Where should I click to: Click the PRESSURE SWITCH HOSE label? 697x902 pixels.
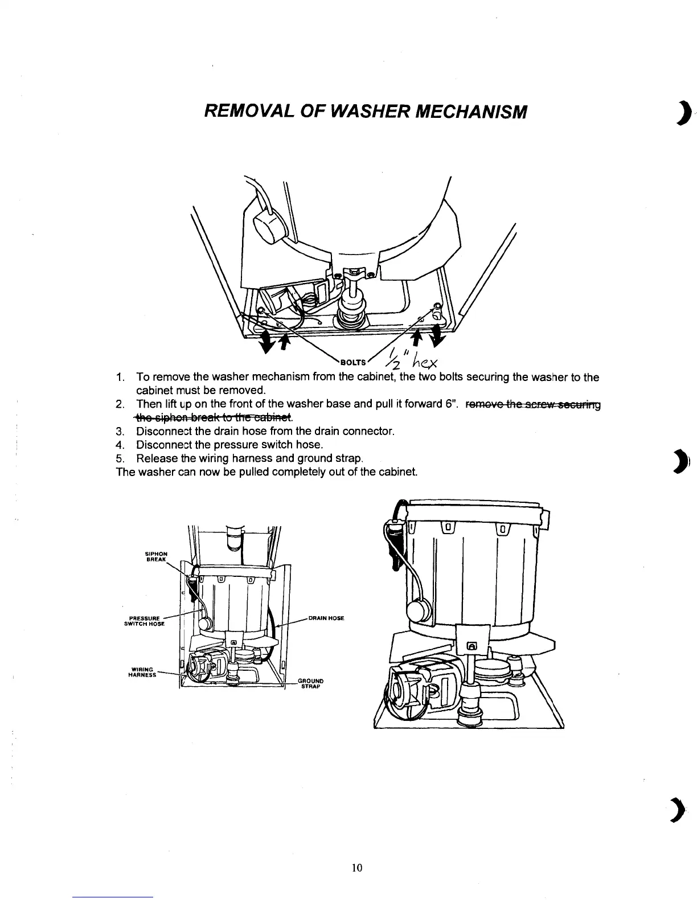click(x=144, y=620)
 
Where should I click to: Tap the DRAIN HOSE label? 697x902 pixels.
click(x=326, y=618)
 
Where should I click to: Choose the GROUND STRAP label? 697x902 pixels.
click(x=311, y=683)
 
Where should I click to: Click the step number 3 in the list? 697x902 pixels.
click(x=120, y=431)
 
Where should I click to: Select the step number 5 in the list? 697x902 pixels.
click(x=120, y=458)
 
